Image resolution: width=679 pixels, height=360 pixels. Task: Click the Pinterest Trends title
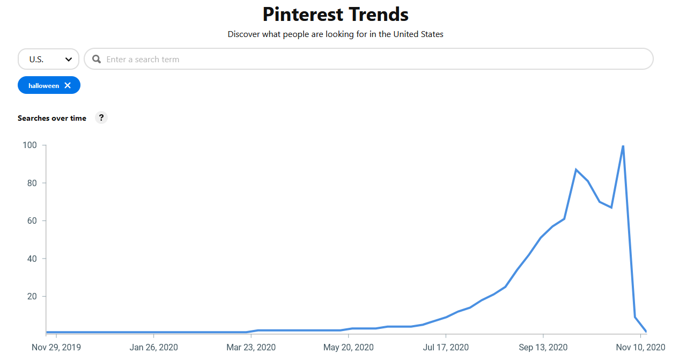(x=336, y=14)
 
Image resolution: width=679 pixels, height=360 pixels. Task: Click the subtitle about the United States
(x=336, y=34)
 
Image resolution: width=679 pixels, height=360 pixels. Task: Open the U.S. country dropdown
(x=48, y=59)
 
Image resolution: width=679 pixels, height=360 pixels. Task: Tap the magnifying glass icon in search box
(x=97, y=59)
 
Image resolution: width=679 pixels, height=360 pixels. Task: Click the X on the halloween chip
(x=68, y=85)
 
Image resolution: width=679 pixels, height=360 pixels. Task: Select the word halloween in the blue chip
(x=44, y=85)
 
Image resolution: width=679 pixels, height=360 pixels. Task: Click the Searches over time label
(x=52, y=118)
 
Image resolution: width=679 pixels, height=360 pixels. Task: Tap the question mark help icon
(x=101, y=117)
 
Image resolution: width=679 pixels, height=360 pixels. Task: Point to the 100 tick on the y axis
(x=29, y=145)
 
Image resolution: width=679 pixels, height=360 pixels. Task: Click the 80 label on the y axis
(x=32, y=183)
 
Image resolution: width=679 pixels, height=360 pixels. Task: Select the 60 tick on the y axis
(x=32, y=221)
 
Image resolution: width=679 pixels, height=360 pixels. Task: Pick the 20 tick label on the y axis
(x=32, y=296)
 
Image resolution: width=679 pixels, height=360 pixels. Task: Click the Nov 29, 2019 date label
(x=56, y=347)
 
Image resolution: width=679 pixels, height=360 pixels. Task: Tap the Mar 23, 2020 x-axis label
(x=251, y=347)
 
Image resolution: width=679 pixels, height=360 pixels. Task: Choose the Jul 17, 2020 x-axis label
(x=446, y=347)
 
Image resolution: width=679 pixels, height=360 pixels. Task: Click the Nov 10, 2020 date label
(x=640, y=347)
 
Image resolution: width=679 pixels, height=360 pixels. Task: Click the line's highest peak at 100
(x=623, y=145)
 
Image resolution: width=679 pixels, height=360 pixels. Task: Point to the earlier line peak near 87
(x=576, y=170)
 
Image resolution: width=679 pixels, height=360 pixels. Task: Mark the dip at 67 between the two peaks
(x=611, y=207)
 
